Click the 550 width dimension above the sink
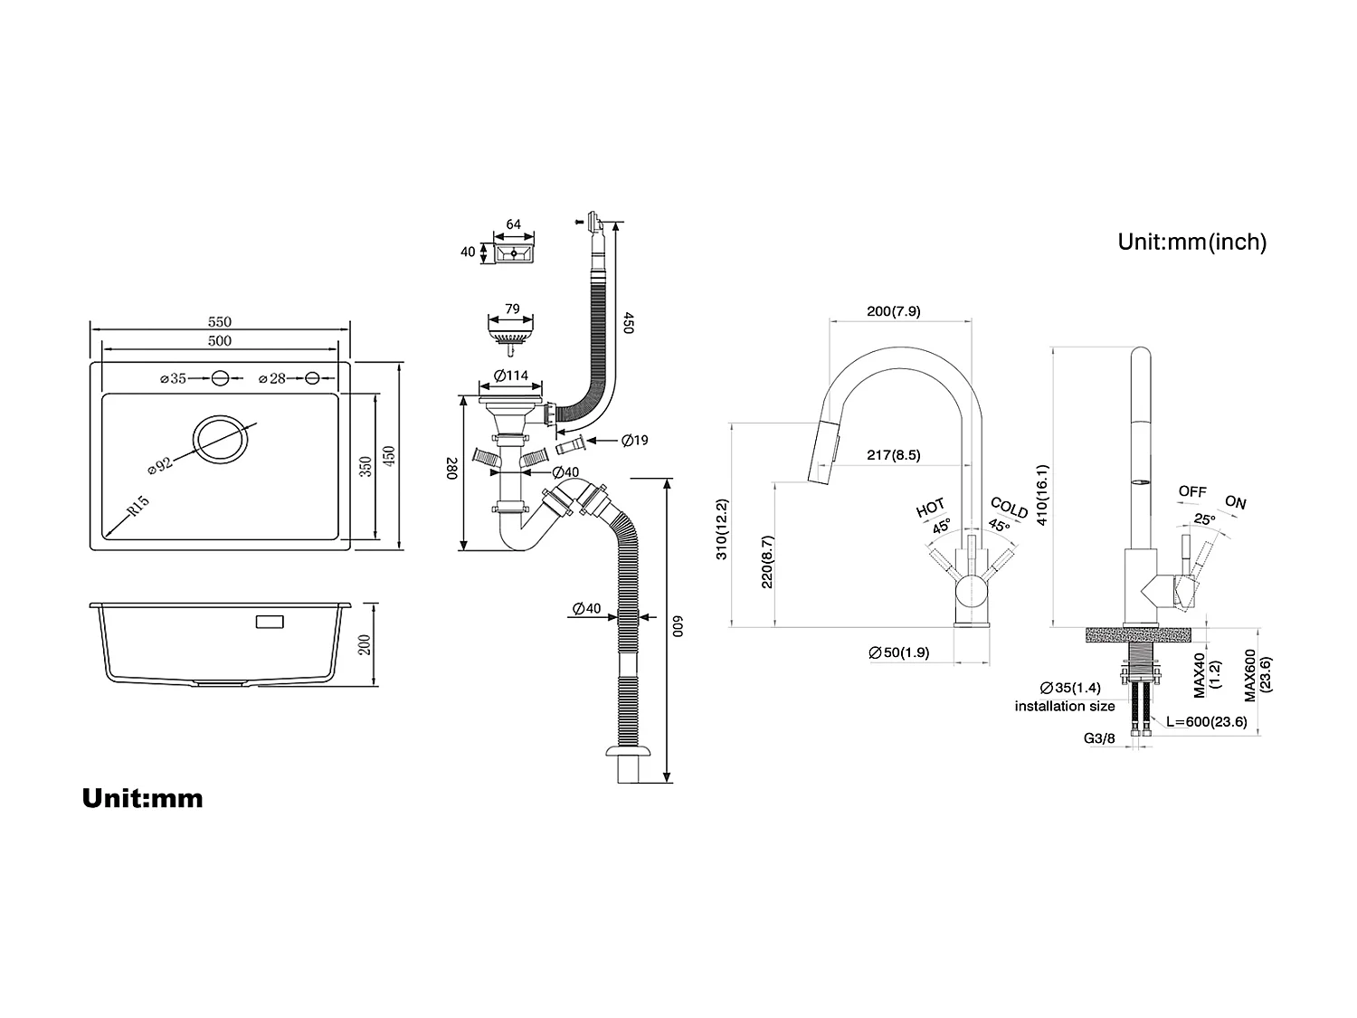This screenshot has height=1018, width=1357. pos(220,322)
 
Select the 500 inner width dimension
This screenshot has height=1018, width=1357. pos(220,341)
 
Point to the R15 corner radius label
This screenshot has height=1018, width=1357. pos(138,506)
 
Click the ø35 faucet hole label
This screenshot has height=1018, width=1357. pos(173,378)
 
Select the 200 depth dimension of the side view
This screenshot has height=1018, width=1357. pos(365,644)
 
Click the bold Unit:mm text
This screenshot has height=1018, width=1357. pos(142,798)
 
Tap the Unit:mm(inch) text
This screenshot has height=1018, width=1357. pos(1191,242)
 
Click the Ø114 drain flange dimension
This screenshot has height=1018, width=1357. pos(511,376)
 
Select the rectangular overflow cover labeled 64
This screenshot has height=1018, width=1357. pos(514,252)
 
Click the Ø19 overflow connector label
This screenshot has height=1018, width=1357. pos(634,441)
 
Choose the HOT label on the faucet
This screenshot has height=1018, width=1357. pos(930,508)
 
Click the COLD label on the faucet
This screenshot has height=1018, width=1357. pos(1009,508)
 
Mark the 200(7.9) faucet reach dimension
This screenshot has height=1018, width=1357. pos(893,311)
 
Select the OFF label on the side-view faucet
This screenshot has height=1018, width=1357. pos(1192,491)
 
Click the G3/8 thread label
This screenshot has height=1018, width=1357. pos(1099,738)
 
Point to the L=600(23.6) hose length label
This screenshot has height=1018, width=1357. pos(1206,721)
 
